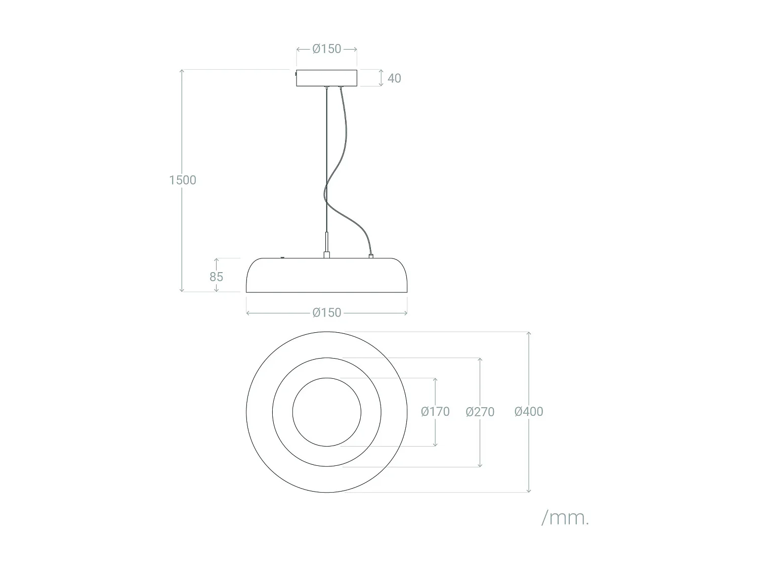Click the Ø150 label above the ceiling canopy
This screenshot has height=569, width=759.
point(327,49)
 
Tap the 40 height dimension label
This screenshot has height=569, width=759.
point(394,78)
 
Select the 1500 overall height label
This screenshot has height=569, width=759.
point(182,180)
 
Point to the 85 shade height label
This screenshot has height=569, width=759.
point(216,277)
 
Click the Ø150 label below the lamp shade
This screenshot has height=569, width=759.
point(327,313)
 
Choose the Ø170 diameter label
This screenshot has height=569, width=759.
point(435,412)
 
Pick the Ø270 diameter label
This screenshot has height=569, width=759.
point(480,412)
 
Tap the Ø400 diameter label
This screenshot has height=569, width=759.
point(529,412)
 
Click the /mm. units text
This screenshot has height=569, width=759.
point(565,518)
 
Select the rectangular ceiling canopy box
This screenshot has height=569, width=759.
point(327,78)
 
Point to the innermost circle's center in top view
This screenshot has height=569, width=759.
point(327,412)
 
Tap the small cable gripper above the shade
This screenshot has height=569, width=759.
point(327,243)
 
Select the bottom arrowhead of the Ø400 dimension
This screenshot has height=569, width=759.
point(529,490)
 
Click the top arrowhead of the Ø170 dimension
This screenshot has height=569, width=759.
point(435,380)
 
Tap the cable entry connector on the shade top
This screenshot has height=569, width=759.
point(371,256)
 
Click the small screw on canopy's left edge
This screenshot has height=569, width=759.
point(296,74)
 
